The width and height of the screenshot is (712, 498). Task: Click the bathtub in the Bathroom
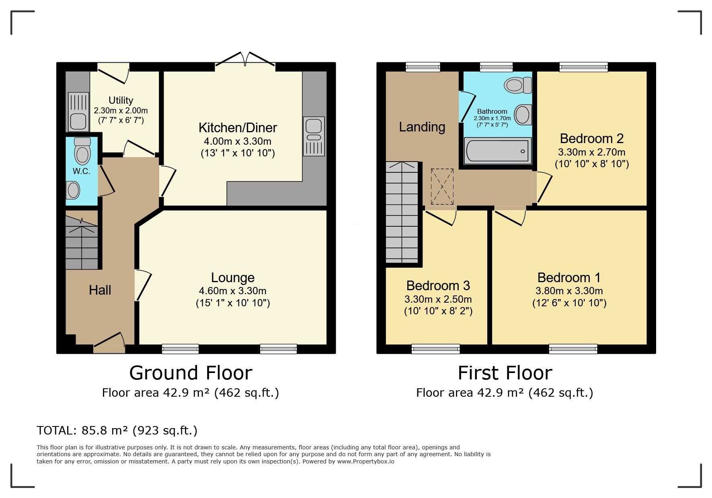point(498,151)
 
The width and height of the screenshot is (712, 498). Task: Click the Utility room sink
point(78,112)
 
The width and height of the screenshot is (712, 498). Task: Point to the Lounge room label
point(232,278)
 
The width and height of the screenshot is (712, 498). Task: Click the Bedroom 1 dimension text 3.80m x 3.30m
point(569,291)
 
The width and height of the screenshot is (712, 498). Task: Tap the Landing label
point(422,127)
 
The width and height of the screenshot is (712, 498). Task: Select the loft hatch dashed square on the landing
point(442,186)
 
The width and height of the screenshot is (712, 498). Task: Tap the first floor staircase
point(402,212)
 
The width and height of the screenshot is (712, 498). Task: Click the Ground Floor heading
point(191,373)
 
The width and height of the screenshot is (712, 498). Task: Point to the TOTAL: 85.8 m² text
point(117,431)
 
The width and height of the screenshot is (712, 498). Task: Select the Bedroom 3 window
point(435,349)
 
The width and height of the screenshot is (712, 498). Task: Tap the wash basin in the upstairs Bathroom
point(523,115)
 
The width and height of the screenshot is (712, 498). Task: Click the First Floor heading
point(505,373)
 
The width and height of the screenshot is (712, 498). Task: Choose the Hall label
point(100,290)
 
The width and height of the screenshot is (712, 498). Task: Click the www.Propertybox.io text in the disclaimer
point(365,462)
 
